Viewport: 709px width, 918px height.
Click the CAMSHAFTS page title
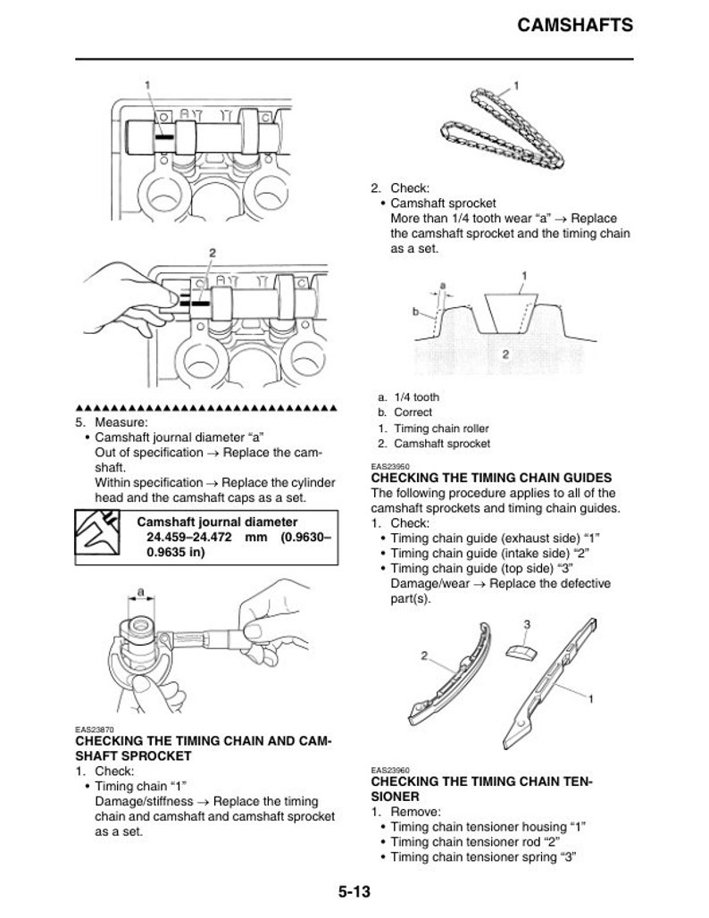575,25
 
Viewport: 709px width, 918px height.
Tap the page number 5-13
354,892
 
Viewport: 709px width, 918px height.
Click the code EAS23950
389,466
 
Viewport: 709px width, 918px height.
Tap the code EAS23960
389,770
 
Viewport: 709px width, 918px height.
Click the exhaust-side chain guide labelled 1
554,683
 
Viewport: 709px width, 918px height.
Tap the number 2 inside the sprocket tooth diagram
505,355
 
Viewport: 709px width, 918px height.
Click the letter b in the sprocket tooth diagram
415,313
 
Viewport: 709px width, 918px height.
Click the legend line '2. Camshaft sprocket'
433,444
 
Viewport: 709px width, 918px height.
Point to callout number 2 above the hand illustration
212,253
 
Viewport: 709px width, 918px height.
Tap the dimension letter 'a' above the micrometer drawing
141,591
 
